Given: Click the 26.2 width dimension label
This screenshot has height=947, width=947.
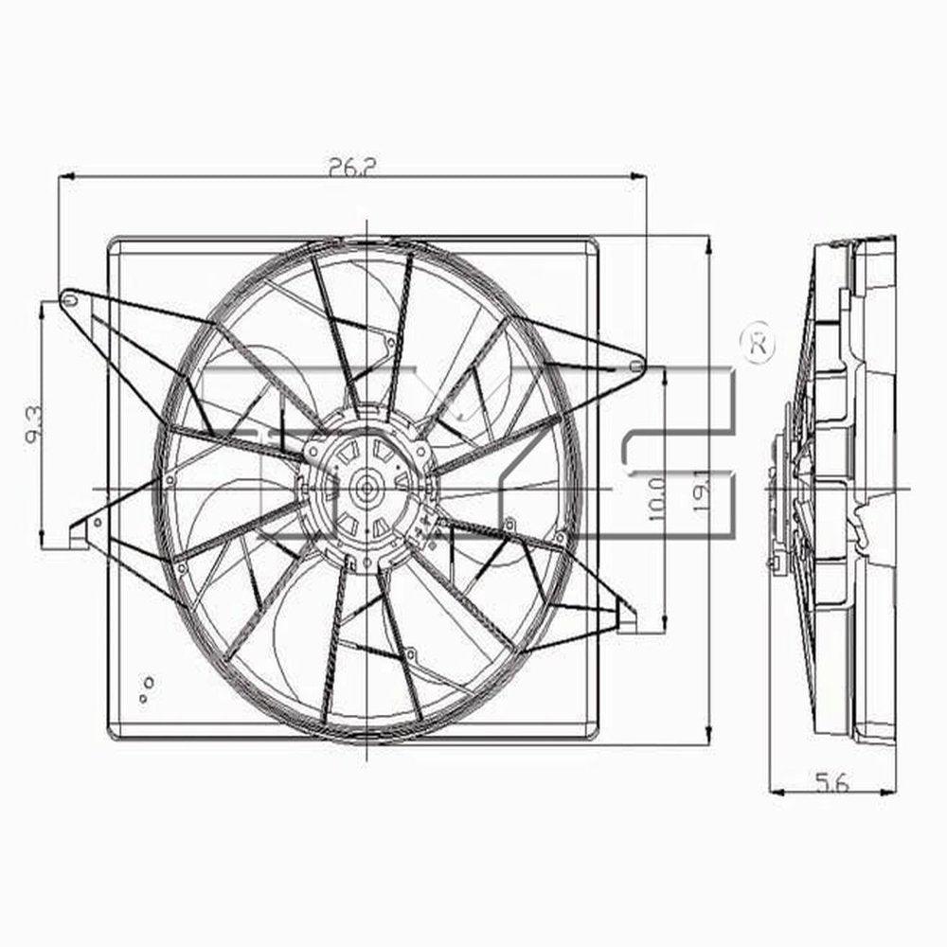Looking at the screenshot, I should tap(352, 166).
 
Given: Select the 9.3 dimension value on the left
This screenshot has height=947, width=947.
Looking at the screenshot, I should tap(33, 425).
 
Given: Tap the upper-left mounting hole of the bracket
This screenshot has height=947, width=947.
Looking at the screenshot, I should tap(69, 300).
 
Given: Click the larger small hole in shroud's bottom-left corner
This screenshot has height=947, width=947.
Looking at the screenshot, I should tap(148, 681).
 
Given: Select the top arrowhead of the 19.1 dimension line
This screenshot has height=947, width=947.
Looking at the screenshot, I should tap(708, 242).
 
